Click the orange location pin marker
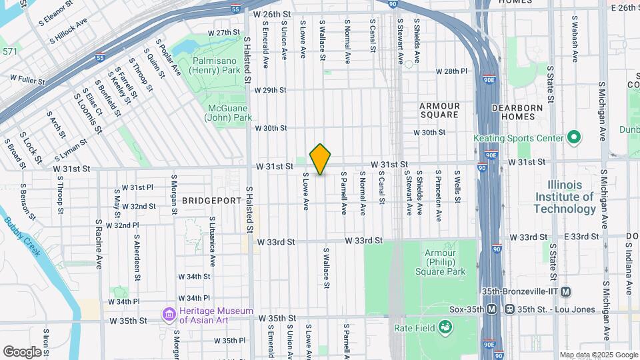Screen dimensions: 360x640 coord(321,159)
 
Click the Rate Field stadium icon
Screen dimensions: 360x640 coord(445,327)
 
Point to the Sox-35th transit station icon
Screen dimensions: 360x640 coord(491,309)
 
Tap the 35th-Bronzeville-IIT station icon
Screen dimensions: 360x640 coord(566,291)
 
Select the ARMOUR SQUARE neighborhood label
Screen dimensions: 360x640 coord(440,111)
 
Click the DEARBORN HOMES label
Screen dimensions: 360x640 coord(523,111)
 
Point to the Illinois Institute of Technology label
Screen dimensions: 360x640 coord(565,197)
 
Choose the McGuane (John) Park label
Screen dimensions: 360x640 coord(229,113)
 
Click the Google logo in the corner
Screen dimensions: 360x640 coord(22,351)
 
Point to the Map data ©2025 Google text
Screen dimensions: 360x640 coord(598,355)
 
